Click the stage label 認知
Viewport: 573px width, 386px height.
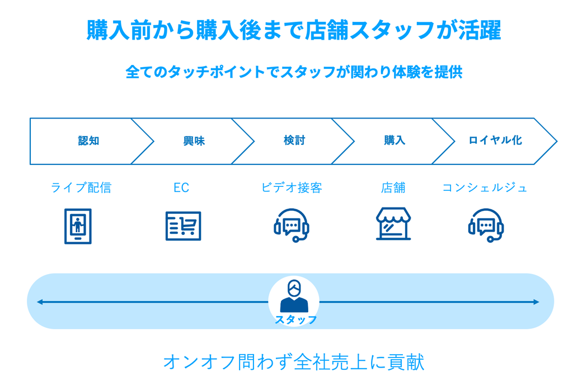click(x=89, y=140)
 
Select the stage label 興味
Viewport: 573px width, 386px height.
click(x=194, y=140)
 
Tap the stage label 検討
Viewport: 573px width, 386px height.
click(x=294, y=140)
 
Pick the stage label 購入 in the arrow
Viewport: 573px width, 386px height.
click(x=394, y=140)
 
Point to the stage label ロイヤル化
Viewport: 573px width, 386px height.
click(x=495, y=140)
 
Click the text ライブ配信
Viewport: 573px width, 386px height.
click(x=81, y=187)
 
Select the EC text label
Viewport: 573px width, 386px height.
click(x=181, y=188)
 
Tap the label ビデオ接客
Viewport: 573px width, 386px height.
click(x=292, y=187)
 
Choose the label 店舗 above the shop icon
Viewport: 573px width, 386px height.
click(x=393, y=188)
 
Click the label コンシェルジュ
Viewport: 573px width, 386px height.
click(x=485, y=188)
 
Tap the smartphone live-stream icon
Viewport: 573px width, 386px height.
click(x=78, y=226)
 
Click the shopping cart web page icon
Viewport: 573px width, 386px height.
click(x=183, y=226)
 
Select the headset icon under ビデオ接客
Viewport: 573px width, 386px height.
click(x=292, y=225)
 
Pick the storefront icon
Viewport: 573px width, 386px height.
click(x=393, y=224)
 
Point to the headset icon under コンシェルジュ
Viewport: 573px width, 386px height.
click(x=486, y=225)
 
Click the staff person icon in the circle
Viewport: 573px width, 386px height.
click(x=294, y=296)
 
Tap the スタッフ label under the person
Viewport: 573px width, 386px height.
click(x=295, y=320)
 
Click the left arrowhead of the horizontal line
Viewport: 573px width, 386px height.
click(x=40, y=302)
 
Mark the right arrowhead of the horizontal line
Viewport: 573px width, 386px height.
click(x=537, y=302)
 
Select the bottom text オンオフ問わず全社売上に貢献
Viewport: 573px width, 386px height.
click(x=294, y=363)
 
